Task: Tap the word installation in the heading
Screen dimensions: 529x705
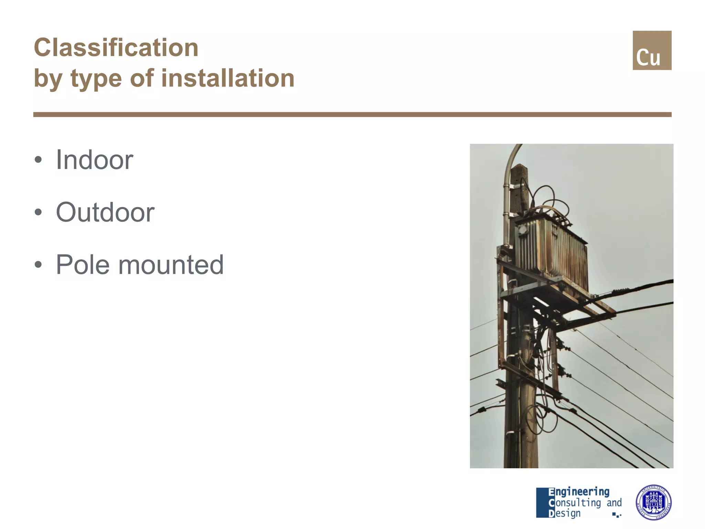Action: (228, 78)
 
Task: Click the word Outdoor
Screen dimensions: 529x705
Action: (105, 212)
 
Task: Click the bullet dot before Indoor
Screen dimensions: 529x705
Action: (38, 160)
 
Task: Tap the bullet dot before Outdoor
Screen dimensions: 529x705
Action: (38, 212)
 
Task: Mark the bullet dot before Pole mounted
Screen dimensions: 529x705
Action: (38, 264)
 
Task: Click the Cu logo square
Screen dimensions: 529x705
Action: (652, 50)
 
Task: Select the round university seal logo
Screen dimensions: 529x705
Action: (653, 502)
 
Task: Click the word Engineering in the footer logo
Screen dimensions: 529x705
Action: (579, 492)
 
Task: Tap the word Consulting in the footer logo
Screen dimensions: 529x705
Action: (575, 503)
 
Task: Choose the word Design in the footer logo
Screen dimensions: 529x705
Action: (565, 513)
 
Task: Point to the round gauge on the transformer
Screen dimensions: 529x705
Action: (523, 229)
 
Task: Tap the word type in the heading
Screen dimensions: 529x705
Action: (96, 79)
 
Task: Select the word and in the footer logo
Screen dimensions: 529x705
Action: (614, 503)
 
